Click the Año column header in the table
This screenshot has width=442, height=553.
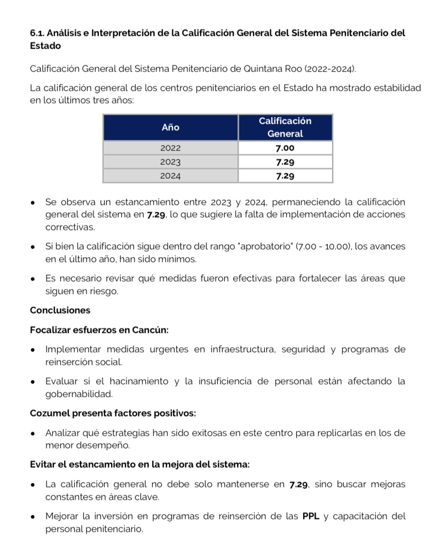(x=170, y=127)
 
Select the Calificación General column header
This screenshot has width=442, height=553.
(x=285, y=127)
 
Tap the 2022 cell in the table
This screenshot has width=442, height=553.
(x=170, y=148)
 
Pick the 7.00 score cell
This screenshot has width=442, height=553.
(x=285, y=148)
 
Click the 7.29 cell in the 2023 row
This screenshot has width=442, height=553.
(x=285, y=162)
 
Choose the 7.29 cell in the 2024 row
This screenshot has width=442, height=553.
(x=285, y=175)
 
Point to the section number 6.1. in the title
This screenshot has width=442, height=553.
(x=38, y=33)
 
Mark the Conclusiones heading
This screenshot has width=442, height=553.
(x=60, y=310)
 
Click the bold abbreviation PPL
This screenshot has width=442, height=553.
(x=311, y=516)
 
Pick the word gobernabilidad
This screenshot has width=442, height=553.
(x=79, y=395)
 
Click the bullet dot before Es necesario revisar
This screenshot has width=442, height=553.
(x=34, y=279)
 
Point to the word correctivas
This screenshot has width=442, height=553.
(x=70, y=228)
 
